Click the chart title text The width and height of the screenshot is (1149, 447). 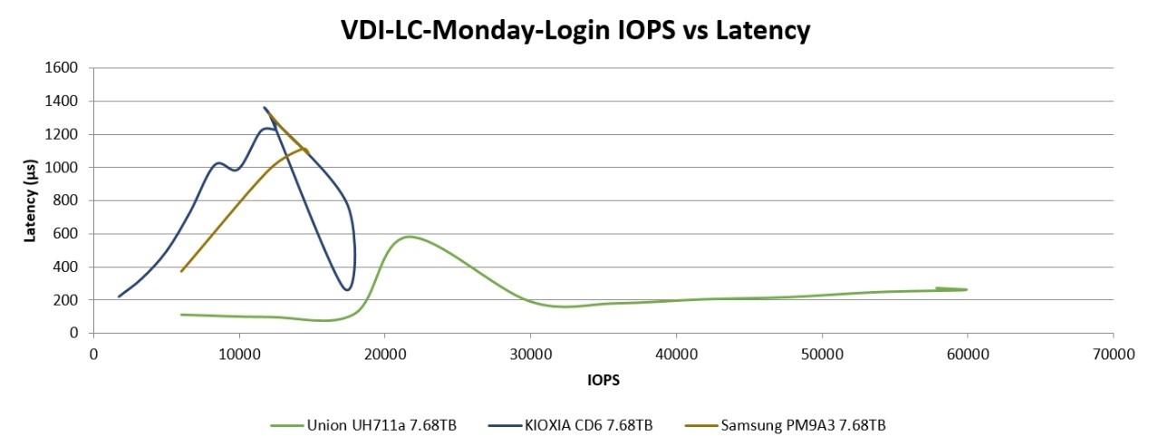pos(574,31)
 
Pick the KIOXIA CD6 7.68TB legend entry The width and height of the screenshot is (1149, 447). pos(581,424)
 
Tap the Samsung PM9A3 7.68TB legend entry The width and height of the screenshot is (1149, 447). pos(808,424)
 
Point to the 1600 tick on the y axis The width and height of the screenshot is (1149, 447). pos(66,68)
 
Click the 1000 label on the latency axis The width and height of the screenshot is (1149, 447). pos(66,168)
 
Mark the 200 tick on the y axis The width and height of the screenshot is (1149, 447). pos(70,300)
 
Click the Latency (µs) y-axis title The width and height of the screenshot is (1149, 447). pos(31,200)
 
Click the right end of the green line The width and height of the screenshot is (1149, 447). pos(966,289)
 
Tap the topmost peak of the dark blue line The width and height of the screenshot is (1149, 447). pos(265,108)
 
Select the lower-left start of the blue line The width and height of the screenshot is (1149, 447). pos(120,296)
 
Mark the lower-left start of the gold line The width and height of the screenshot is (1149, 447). pos(181,271)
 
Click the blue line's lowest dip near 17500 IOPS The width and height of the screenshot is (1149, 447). pos(347,290)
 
